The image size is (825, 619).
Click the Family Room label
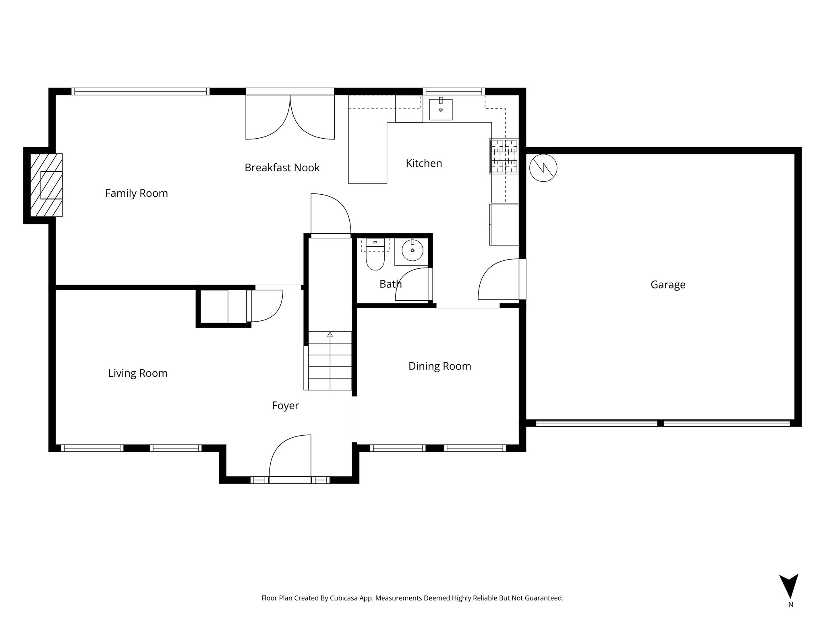(x=136, y=193)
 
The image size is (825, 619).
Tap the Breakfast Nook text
(x=282, y=168)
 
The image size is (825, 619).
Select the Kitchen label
(x=424, y=163)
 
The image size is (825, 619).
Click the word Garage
(x=667, y=285)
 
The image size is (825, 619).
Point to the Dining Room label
(x=439, y=366)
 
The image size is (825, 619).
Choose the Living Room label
(x=138, y=373)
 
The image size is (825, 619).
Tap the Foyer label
(x=285, y=406)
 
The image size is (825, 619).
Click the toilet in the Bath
(x=375, y=258)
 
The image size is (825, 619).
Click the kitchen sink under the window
(x=440, y=110)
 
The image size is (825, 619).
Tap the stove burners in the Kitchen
(x=504, y=156)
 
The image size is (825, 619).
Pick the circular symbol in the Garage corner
(x=543, y=168)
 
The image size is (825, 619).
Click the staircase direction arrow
(x=330, y=334)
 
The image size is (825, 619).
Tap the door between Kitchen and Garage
(x=500, y=280)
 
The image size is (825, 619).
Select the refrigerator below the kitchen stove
(x=504, y=224)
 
